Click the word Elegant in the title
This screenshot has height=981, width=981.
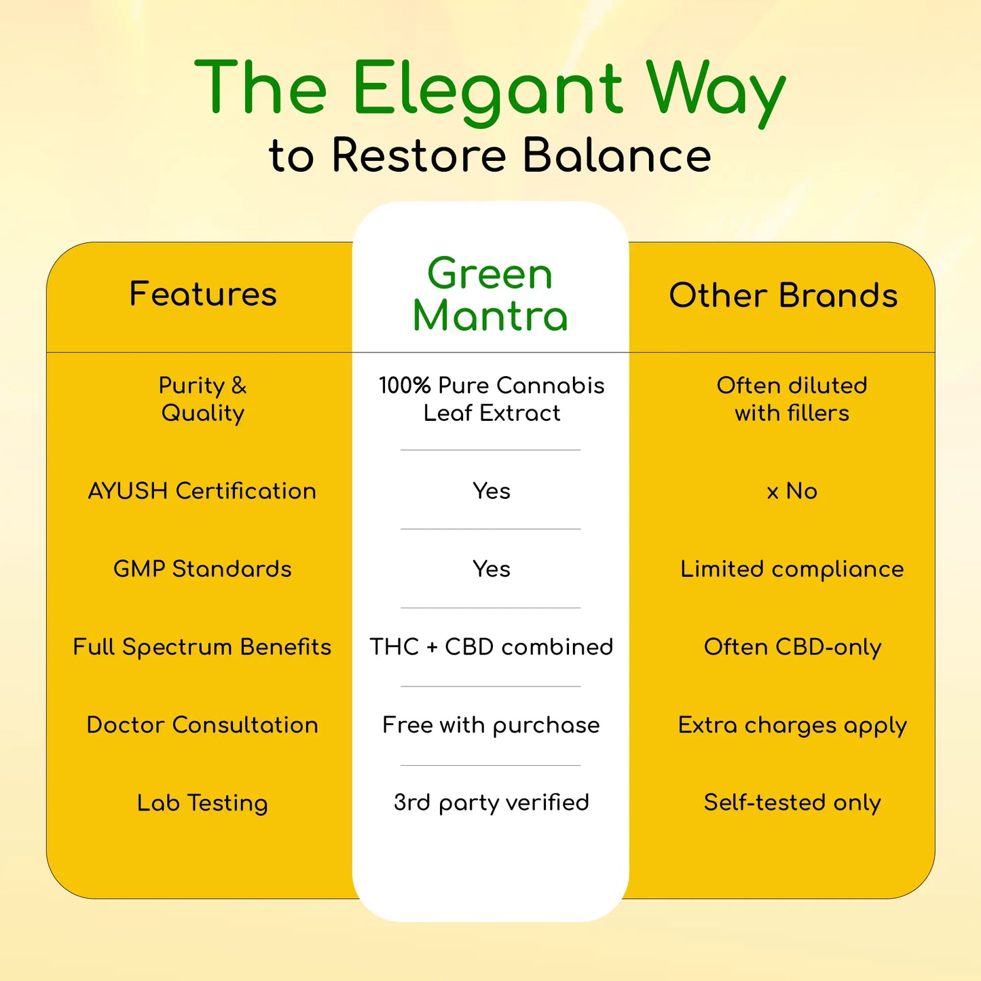tap(487, 89)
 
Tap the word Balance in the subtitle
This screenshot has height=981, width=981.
tap(616, 155)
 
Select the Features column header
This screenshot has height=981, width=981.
tap(203, 294)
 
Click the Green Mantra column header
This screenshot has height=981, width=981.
tap(490, 295)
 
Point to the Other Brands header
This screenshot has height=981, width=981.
tap(783, 295)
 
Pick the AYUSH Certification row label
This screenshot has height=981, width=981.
tap(202, 491)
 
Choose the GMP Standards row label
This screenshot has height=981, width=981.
tap(202, 569)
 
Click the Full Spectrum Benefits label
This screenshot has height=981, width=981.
tap(202, 647)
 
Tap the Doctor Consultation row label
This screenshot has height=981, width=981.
tap(202, 725)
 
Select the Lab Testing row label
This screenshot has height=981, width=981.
tap(202, 803)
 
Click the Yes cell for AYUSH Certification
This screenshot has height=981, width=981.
tap(492, 491)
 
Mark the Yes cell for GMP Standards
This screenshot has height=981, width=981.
tap(492, 569)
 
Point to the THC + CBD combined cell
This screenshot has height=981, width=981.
tap(492, 647)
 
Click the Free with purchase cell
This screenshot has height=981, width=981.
tap(492, 725)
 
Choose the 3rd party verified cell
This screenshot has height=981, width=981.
tap(492, 802)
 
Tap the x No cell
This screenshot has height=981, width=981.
tap(792, 491)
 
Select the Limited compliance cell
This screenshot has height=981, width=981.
tap(792, 569)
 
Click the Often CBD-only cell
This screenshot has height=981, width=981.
tap(792, 647)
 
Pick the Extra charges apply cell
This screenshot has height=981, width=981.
tap(792, 725)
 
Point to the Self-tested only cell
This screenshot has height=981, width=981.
tap(792, 802)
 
